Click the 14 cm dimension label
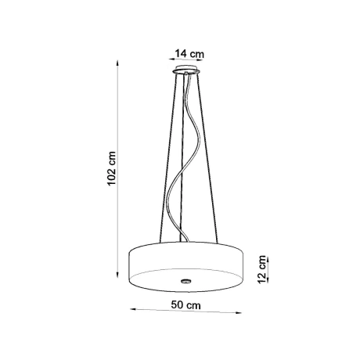188,53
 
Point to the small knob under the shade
185,279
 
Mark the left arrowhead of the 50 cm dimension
132,315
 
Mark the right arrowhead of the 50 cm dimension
240,315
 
